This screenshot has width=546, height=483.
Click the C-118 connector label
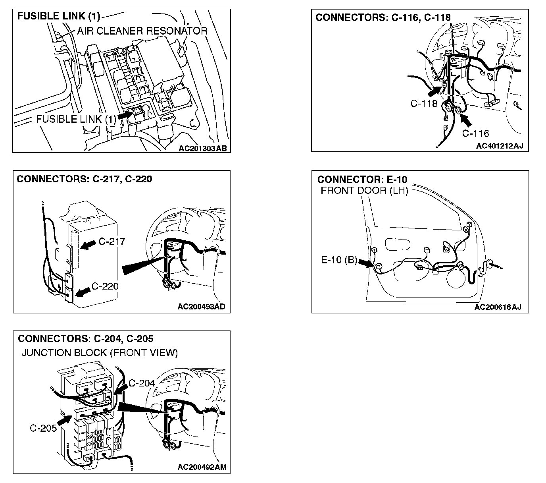click(424, 104)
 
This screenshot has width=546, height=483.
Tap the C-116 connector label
click(475, 133)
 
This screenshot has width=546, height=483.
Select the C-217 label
click(112, 241)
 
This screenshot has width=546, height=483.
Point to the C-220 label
click(105, 286)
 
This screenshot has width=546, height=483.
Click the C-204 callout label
click(142, 383)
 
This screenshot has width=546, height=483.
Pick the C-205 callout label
click(43, 428)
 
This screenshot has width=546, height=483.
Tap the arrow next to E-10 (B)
click(363, 263)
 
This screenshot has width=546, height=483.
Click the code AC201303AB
click(202, 149)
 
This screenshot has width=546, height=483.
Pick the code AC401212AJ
click(500, 146)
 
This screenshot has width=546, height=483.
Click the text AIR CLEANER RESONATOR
click(142, 31)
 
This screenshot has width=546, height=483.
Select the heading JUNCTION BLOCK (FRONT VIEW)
click(100, 353)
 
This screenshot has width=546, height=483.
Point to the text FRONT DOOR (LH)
click(364, 190)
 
